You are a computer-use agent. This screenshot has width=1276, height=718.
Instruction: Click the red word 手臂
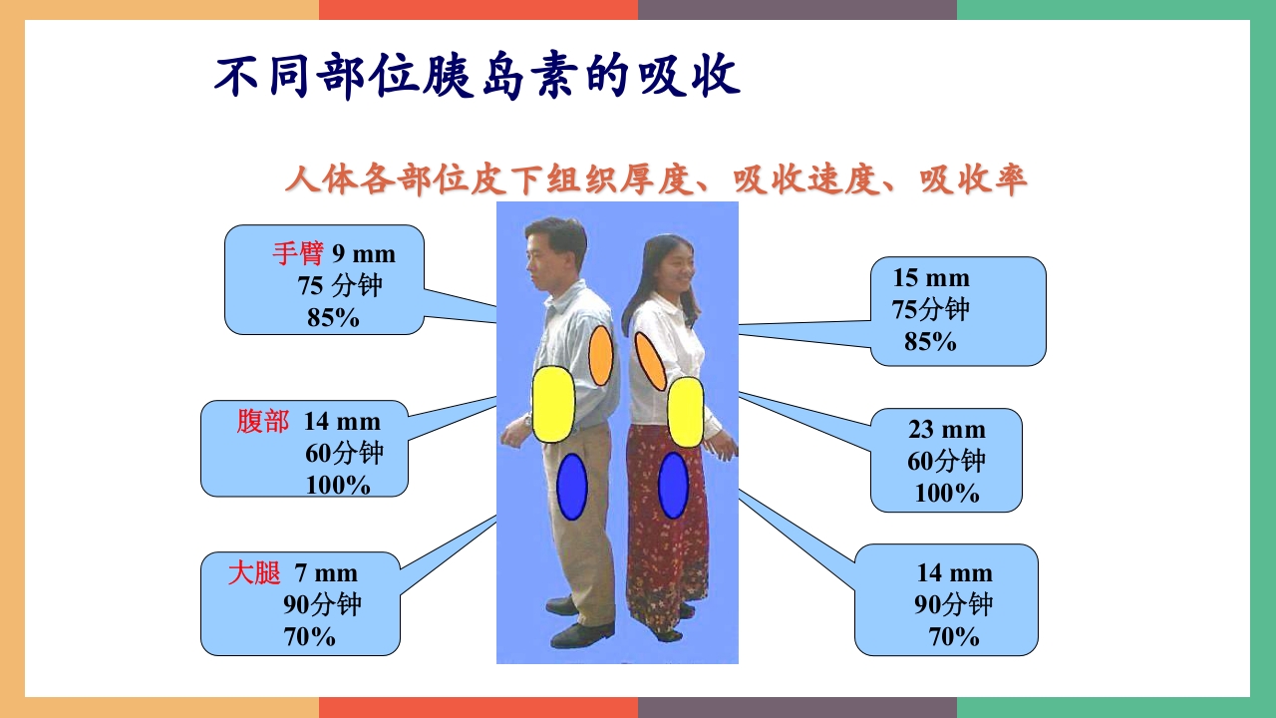297,253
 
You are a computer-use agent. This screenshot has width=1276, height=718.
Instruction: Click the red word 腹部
262,422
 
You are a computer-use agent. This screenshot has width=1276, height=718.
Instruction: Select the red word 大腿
253,573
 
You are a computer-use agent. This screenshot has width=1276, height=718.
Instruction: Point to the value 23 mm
946,430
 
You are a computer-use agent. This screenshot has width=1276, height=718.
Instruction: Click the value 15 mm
930,277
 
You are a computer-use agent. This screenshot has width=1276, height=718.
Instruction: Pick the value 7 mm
325,573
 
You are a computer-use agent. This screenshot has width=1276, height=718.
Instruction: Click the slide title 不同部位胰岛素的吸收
478,77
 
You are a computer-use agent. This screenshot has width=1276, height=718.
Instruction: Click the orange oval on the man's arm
600,355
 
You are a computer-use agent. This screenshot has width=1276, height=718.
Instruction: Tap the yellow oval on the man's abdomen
553,404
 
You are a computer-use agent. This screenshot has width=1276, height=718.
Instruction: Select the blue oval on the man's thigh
571,487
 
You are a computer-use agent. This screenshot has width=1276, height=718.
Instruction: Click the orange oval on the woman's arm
650,360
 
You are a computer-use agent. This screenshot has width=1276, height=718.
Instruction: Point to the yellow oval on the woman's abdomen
686,412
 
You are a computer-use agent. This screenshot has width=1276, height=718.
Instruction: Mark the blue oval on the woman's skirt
674,486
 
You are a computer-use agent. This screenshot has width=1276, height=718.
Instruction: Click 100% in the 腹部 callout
338,486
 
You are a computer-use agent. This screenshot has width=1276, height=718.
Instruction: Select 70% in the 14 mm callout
954,636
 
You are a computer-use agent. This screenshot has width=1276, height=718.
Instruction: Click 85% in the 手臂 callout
333,318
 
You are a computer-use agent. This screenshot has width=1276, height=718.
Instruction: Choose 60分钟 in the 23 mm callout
946,461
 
